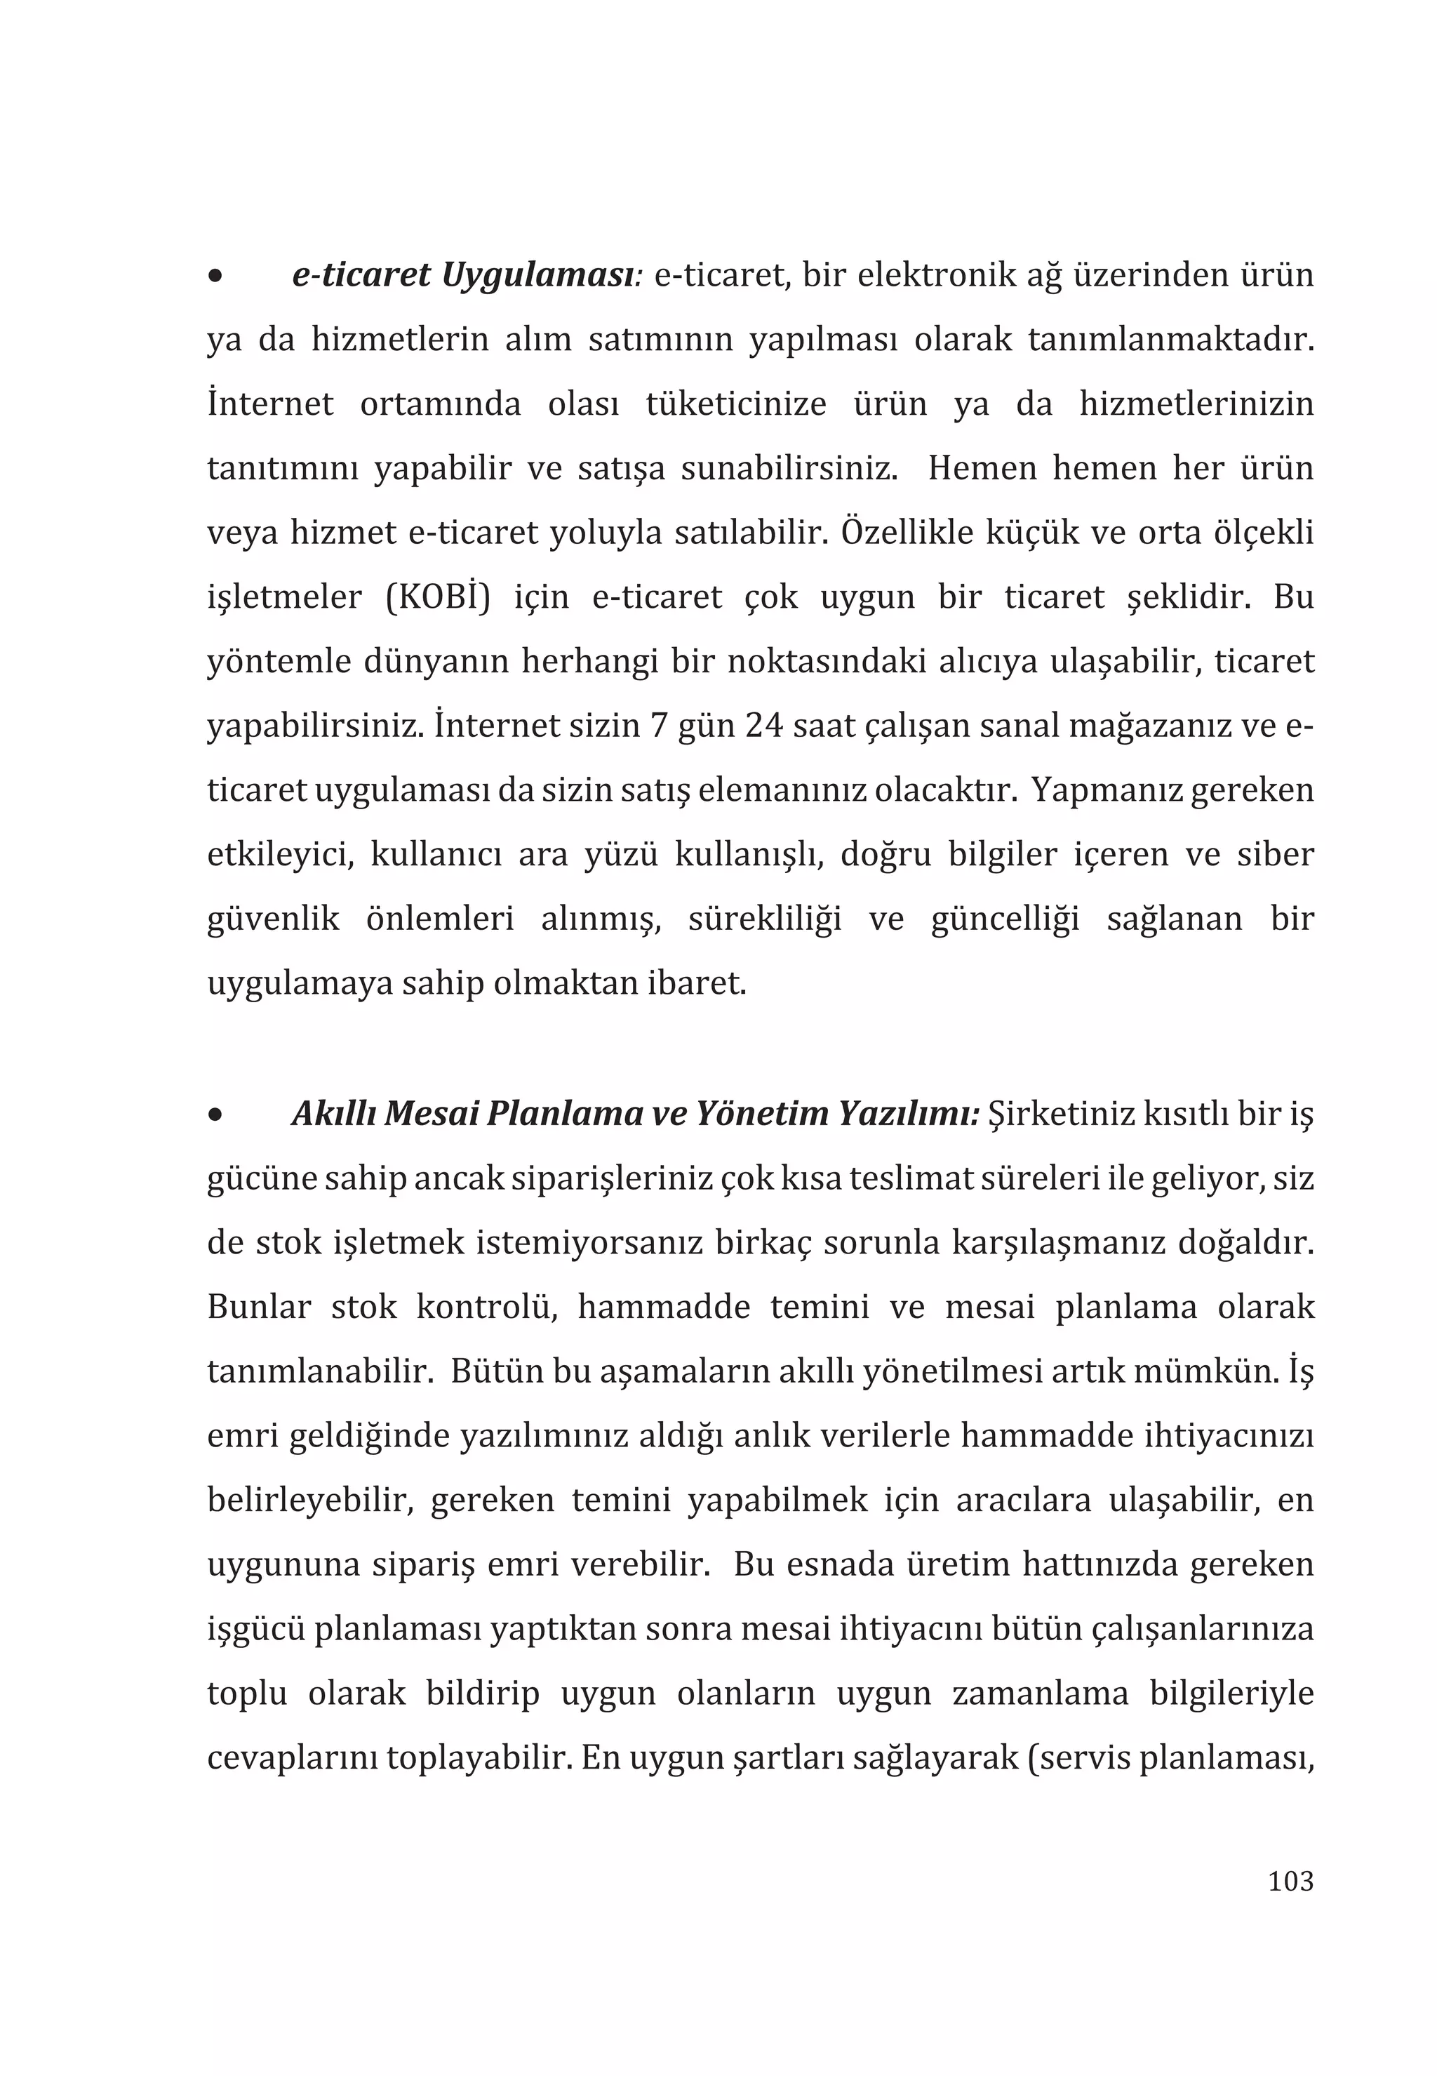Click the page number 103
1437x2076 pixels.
coord(1290,1882)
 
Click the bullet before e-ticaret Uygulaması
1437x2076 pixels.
coord(214,277)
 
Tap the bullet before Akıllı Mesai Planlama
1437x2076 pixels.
coord(214,1115)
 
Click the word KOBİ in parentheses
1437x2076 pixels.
coord(438,597)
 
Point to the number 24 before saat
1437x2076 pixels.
coord(764,726)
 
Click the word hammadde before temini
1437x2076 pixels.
coord(664,1307)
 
